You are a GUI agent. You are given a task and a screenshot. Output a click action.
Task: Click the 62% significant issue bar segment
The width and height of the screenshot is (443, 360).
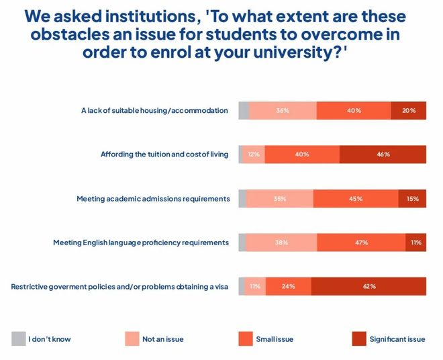click(x=368, y=286)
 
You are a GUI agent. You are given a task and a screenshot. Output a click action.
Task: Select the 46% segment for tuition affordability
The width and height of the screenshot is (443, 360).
click(x=383, y=154)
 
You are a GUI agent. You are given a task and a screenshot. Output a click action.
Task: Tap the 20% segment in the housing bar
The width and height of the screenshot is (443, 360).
click(x=408, y=110)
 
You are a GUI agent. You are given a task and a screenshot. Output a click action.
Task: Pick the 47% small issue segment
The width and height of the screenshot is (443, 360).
click(x=361, y=242)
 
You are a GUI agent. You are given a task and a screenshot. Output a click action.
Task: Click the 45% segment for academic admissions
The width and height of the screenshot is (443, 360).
click(x=355, y=198)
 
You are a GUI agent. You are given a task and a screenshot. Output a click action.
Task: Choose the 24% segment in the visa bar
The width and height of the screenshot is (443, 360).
click(x=288, y=286)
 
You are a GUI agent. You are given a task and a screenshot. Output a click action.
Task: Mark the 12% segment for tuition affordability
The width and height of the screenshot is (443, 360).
click(x=254, y=154)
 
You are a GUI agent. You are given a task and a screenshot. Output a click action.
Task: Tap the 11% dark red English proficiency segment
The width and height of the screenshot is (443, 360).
click(x=415, y=242)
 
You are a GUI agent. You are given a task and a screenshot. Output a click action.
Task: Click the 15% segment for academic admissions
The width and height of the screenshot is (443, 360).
click(x=412, y=198)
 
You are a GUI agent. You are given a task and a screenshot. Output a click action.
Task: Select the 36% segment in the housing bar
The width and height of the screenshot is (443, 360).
click(x=283, y=110)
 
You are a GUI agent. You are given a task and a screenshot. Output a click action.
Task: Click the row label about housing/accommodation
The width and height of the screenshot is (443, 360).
click(x=154, y=110)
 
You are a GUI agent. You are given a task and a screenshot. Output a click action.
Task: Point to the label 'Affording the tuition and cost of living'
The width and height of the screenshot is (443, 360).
click(x=164, y=154)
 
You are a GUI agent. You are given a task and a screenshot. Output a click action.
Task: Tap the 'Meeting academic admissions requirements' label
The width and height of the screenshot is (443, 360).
click(x=153, y=199)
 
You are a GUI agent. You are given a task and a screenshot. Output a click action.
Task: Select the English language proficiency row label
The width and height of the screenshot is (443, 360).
click(x=141, y=242)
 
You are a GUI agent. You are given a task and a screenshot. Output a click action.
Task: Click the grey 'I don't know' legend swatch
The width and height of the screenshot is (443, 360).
click(x=18, y=339)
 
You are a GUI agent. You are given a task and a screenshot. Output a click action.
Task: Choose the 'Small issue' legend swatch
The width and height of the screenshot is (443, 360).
click(x=245, y=339)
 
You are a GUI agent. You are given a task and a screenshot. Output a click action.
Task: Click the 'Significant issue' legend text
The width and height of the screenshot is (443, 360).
click(x=397, y=339)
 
